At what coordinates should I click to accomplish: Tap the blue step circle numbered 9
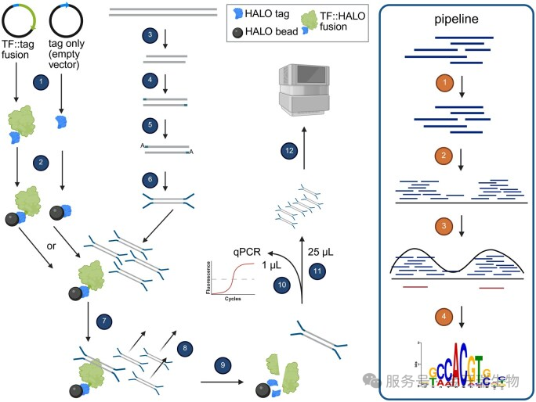coord(223,364)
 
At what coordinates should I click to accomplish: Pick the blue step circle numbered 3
coord(149,36)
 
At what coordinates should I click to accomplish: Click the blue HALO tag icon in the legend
coord(237,13)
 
